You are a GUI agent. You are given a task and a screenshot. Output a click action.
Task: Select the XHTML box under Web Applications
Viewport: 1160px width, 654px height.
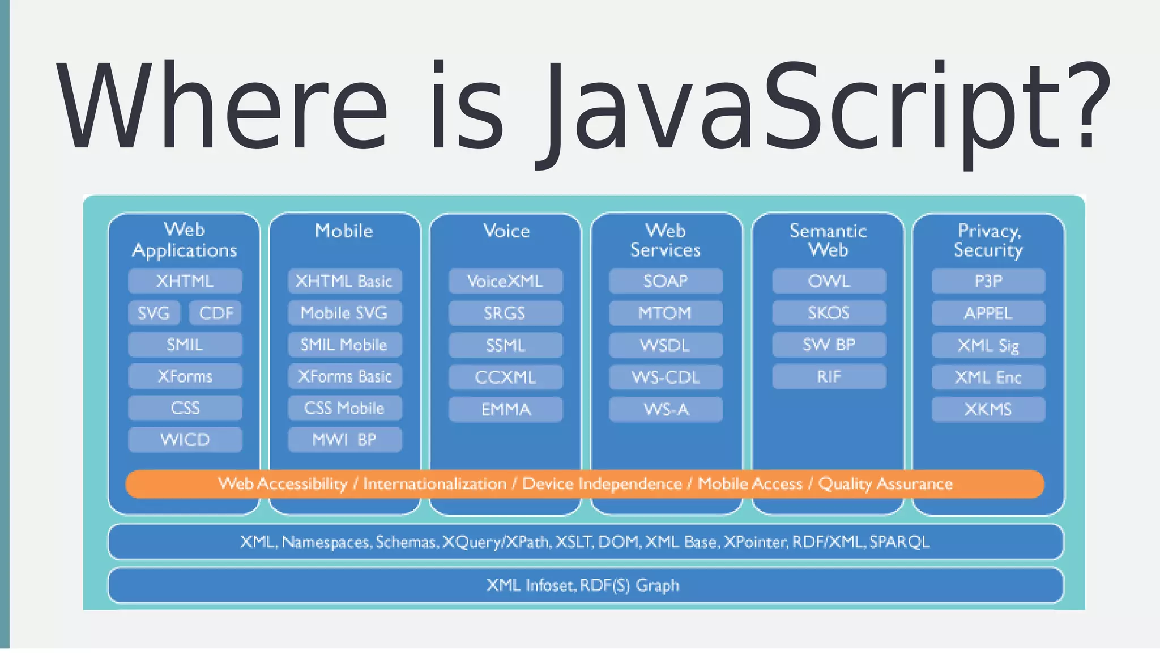coord(185,281)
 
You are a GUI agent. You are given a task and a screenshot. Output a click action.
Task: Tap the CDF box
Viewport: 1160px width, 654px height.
coord(216,313)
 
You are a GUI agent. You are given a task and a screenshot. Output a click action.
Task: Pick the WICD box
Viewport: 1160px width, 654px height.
coord(185,440)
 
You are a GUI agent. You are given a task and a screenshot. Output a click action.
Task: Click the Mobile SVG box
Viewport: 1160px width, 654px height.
coord(344,313)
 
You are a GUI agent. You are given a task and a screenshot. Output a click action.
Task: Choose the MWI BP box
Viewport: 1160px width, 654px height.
coord(344,440)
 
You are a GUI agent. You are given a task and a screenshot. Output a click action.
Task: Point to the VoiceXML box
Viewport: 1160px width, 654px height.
coord(505,281)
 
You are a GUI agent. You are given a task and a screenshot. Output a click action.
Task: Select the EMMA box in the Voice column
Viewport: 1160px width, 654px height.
coord(505,409)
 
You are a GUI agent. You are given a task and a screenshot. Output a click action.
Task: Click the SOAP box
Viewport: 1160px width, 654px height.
coord(666,281)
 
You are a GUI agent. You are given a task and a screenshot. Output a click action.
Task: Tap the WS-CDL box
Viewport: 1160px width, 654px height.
coord(666,377)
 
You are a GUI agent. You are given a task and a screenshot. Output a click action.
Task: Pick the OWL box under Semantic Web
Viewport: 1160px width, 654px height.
coord(829,281)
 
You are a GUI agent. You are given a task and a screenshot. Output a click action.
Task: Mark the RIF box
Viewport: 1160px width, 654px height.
coord(829,376)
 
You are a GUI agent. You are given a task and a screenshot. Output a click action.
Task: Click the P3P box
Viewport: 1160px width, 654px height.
coord(988,281)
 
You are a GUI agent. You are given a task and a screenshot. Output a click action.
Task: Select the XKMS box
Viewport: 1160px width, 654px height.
coord(988,409)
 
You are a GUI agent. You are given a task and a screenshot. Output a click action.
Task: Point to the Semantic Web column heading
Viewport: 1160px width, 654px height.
coord(828,240)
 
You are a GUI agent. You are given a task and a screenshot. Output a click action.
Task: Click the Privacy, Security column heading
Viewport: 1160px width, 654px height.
coord(988,240)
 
